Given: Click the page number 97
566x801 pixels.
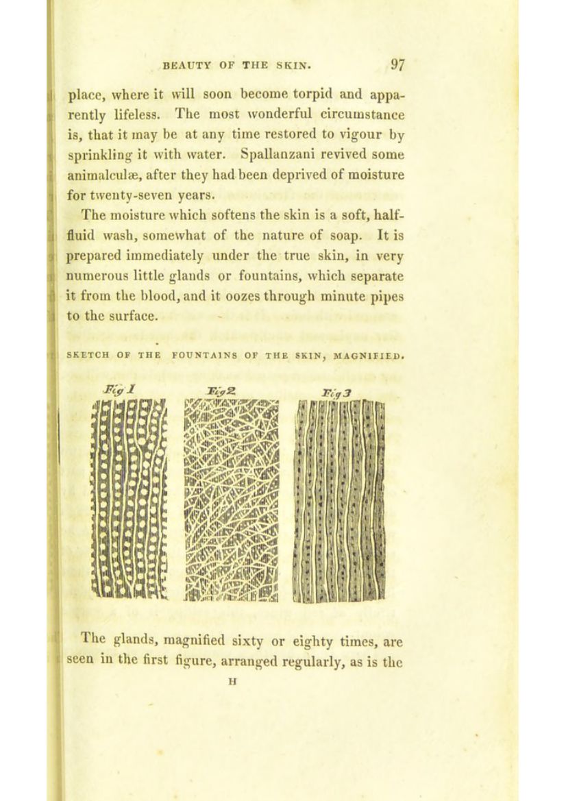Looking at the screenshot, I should (400, 66).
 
